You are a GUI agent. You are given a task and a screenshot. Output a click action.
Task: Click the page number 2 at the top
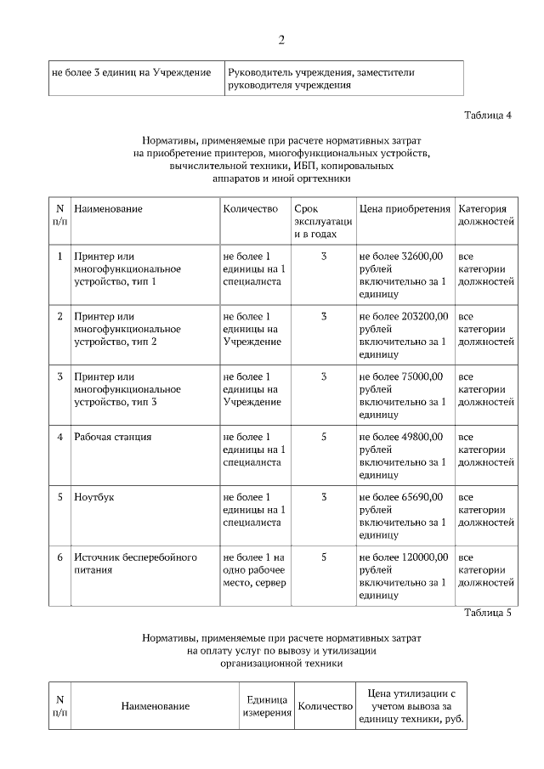coord(280,40)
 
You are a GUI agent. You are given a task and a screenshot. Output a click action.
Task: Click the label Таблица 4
coord(487,115)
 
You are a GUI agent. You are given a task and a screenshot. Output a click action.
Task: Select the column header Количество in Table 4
coord(251,209)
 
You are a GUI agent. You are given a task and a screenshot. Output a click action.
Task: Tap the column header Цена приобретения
coord(404,209)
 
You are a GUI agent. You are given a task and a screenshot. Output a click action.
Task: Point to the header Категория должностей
coord(485,215)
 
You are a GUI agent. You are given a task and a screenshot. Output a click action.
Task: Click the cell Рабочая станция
coord(113,437)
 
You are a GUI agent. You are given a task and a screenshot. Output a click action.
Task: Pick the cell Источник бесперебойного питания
coord(135,563)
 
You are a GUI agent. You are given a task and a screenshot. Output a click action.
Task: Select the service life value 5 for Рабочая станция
coord(324,437)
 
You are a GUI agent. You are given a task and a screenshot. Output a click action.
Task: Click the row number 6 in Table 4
coord(59,557)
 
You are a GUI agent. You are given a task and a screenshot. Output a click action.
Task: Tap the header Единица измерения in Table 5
coord(266,705)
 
